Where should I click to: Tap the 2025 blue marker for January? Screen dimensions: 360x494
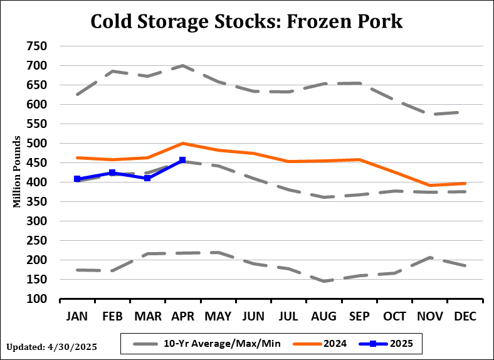pyautogui.click(x=77, y=179)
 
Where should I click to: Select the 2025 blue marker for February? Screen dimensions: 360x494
pyautogui.click(x=112, y=172)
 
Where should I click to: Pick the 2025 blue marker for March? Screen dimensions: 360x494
pyautogui.click(x=147, y=178)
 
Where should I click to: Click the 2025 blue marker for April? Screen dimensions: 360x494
pyautogui.click(x=182, y=160)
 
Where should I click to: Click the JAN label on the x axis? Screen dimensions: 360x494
pyautogui.click(x=77, y=317)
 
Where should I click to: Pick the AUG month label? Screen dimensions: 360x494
pyautogui.click(x=323, y=317)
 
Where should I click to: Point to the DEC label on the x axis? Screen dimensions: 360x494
pyautogui.click(x=465, y=317)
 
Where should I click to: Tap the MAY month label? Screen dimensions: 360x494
pyautogui.click(x=218, y=317)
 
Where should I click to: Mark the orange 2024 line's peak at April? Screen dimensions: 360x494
pyautogui.click(x=182, y=144)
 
